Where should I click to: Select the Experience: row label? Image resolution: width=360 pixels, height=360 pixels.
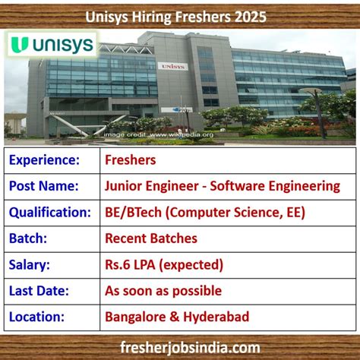(46, 160)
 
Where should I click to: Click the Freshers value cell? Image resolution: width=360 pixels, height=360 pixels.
(131, 160)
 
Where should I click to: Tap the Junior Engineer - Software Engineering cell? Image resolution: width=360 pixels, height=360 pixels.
(223, 186)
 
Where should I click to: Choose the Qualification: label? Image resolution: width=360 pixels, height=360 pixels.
(50, 213)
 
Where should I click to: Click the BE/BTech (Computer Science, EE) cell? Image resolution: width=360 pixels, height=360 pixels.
(205, 213)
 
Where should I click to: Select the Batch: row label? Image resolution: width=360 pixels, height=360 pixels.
(29, 238)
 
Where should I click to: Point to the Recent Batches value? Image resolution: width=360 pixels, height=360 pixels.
(151, 238)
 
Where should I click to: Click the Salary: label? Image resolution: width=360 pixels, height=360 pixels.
(30, 264)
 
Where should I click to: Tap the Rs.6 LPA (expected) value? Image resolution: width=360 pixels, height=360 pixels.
(164, 264)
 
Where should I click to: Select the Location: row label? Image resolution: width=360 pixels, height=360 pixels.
(38, 316)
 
